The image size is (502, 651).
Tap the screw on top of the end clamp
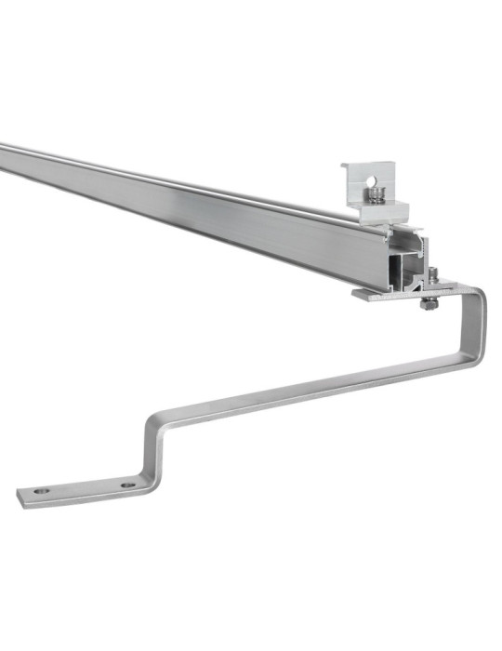pos(376,194)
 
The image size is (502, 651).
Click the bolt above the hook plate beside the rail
pos(431,274)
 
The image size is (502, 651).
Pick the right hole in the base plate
pos(127,485)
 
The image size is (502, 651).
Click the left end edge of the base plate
pos(20,499)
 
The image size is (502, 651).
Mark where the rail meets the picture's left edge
pos(2,157)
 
